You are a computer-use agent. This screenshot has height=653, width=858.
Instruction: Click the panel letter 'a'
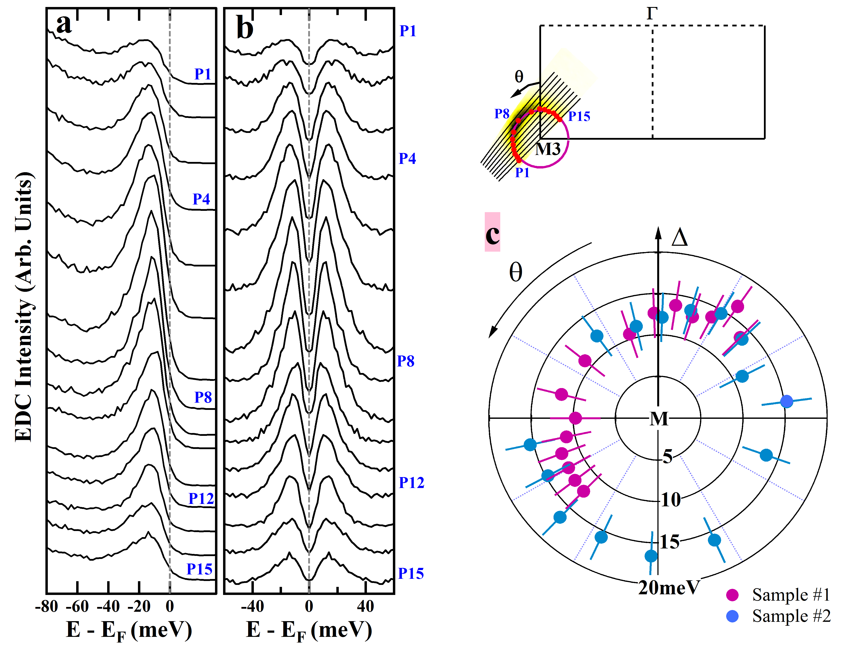64,24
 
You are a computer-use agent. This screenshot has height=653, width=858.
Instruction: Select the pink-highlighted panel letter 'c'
492,233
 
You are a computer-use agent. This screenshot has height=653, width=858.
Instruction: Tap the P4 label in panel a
201,199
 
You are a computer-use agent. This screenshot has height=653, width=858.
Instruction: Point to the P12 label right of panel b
411,483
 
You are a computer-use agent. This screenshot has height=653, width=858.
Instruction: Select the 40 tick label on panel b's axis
365,606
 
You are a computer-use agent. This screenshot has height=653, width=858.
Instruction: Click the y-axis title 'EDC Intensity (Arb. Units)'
24,307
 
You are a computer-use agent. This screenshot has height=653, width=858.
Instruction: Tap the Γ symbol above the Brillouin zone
652,14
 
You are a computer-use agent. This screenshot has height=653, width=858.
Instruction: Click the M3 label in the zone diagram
548,149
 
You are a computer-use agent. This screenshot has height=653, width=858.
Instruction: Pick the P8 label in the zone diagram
502,114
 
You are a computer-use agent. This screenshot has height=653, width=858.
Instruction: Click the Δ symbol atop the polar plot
679,237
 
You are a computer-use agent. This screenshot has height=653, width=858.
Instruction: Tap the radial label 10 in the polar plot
671,500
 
